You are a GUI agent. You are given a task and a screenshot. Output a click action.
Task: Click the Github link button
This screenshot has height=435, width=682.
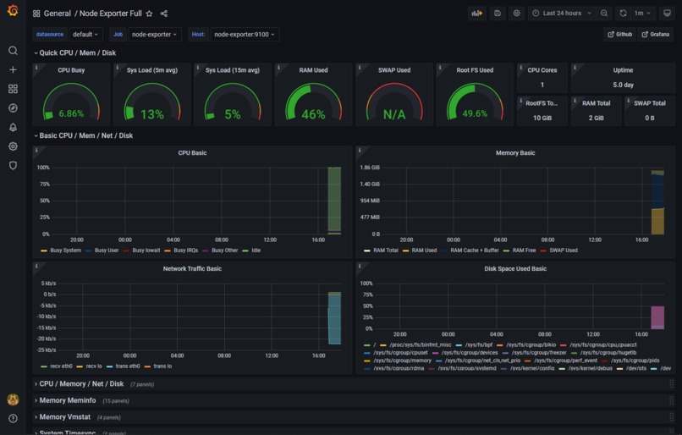tap(619, 35)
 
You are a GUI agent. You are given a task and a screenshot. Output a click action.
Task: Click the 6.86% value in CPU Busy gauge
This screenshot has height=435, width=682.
tap(71, 113)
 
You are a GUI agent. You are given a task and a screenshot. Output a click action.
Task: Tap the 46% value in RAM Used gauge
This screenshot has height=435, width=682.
tap(313, 114)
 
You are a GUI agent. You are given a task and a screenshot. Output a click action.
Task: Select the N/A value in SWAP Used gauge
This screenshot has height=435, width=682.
tap(393, 114)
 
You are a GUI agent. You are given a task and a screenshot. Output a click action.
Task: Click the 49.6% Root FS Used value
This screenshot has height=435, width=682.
tap(474, 113)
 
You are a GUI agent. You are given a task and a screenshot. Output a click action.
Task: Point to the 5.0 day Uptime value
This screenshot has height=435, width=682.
tap(623, 85)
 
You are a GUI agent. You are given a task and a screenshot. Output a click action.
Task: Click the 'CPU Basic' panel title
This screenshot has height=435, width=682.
tap(192, 153)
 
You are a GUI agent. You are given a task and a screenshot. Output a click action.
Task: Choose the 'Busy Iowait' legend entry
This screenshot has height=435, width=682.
tap(145, 251)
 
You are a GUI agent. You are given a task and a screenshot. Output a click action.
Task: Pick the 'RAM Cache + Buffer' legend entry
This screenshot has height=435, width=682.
tap(474, 251)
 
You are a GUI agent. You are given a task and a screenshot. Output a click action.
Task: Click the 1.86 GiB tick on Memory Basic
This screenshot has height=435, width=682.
tap(370, 168)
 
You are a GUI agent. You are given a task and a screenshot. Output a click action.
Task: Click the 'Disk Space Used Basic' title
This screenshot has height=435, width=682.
tap(514, 269)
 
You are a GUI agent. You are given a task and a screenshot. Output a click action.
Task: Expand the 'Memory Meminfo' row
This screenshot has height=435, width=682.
tap(68, 400)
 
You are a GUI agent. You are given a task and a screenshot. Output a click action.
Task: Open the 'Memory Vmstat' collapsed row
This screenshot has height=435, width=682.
tap(66, 417)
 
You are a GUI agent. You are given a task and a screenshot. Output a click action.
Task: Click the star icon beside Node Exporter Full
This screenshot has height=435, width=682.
tap(150, 14)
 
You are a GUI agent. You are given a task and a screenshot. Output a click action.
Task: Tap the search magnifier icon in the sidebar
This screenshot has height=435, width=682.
tap(13, 51)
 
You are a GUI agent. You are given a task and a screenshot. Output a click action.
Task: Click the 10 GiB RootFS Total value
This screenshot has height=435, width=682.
tap(542, 118)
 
